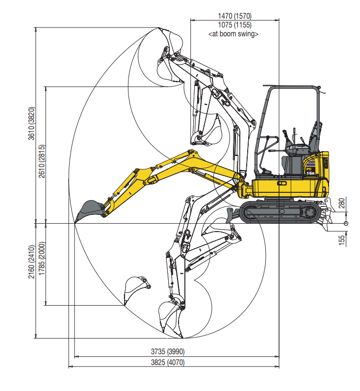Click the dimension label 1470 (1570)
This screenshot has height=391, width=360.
(x=234, y=16)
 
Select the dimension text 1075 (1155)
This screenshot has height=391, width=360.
(x=234, y=25)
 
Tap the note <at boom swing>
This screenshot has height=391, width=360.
(x=233, y=34)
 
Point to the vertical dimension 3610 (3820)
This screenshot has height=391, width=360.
(x=31, y=124)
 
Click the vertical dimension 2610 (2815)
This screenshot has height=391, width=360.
(x=42, y=161)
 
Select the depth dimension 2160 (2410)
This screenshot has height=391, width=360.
(x=31, y=262)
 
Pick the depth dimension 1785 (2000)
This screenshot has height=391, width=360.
(x=42, y=259)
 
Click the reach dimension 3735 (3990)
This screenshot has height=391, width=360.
(x=168, y=352)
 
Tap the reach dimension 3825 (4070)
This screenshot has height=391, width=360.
(x=168, y=362)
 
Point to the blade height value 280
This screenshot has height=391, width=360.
(x=342, y=203)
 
